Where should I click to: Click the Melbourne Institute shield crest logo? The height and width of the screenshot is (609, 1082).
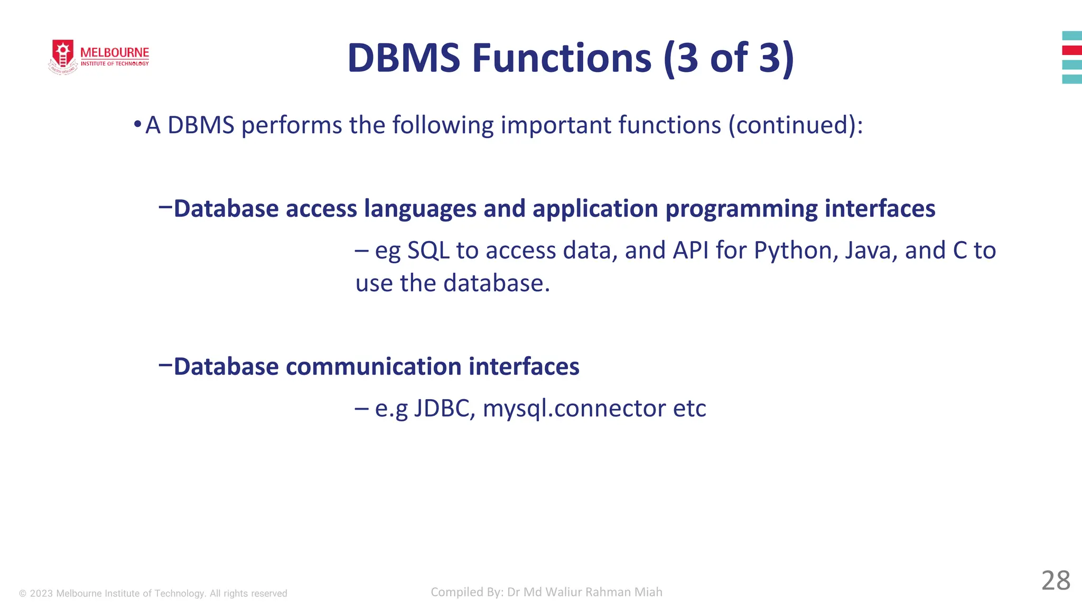coord(63,55)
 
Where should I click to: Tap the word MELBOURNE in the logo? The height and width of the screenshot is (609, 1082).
coord(115,53)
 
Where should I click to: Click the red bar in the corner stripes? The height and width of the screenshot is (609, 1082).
coord(1072,50)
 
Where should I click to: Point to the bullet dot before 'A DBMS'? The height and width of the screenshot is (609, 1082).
coord(137,125)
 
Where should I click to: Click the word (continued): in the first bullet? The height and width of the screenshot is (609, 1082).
coord(795,126)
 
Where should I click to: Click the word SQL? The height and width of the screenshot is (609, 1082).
coord(428,251)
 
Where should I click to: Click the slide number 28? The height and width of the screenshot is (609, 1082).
coord(1055,580)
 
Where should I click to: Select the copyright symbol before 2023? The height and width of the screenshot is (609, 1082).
coord(23,594)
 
